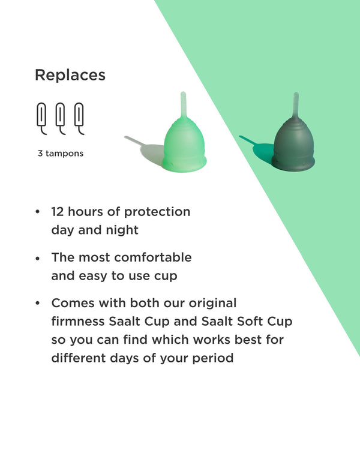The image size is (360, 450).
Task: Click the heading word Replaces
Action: pos(70,75)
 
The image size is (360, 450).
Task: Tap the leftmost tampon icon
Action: pos(41,118)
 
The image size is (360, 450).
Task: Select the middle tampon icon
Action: pos(61,118)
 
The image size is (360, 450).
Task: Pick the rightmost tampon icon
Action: pos(79,118)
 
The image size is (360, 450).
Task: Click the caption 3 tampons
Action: pos(61,154)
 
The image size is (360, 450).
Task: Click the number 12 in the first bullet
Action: pos(58,212)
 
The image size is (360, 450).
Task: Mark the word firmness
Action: pos(78,322)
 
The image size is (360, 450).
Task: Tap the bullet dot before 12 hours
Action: pos(38,212)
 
